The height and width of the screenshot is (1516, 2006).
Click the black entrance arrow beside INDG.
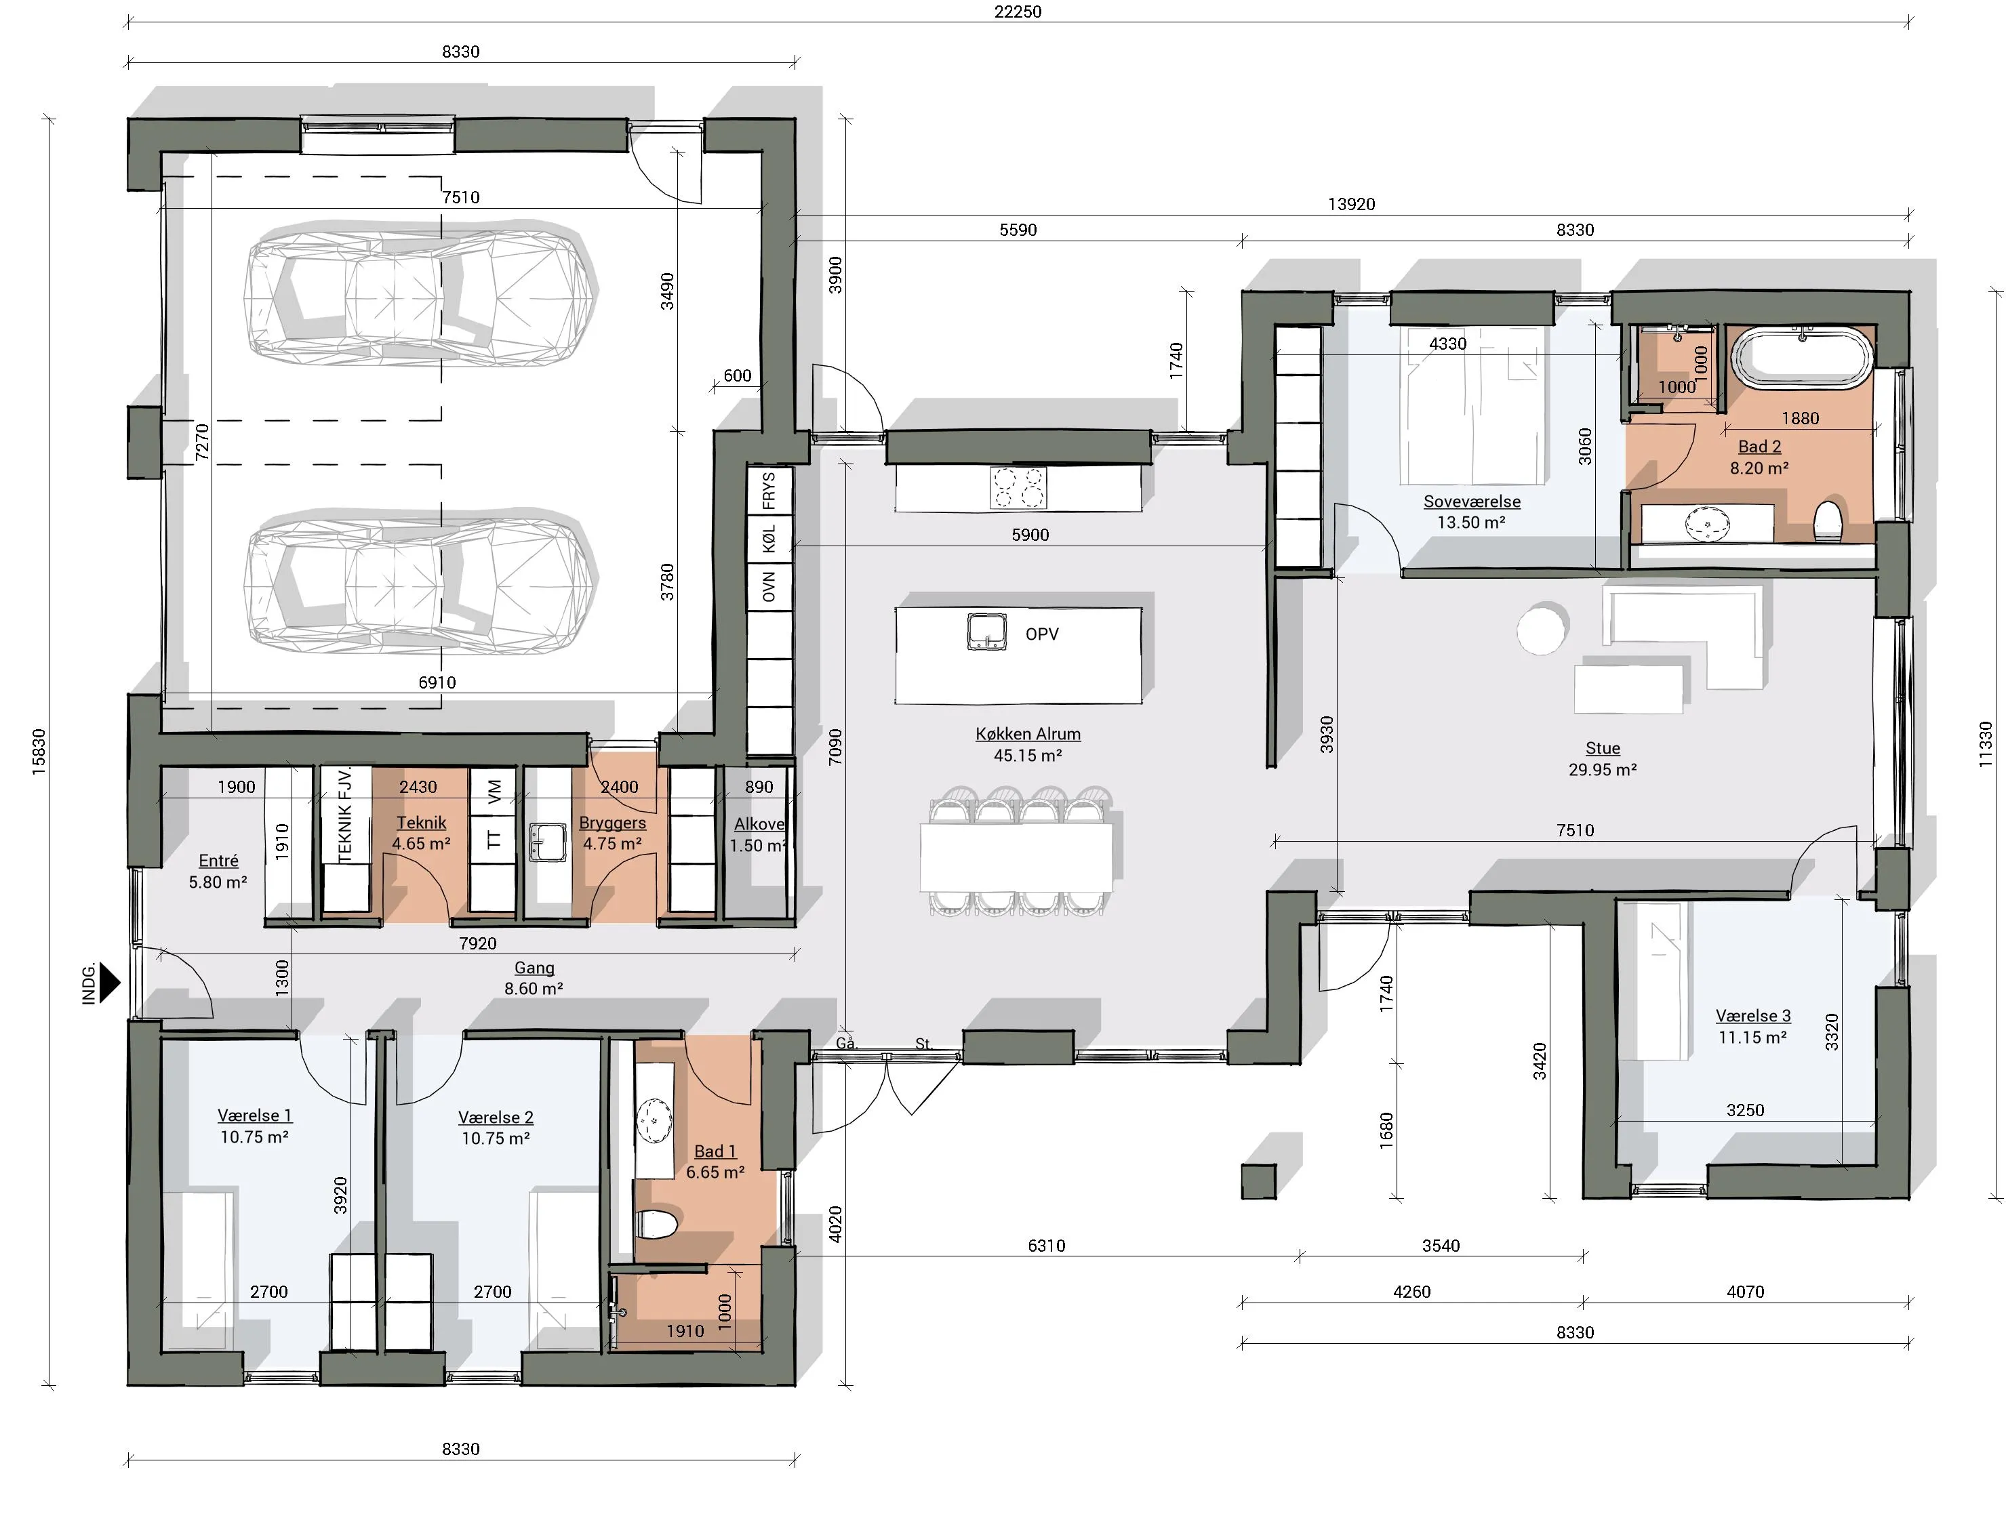point(110,982)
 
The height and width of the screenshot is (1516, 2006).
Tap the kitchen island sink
point(986,632)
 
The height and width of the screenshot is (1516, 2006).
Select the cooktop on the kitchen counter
point(1018,488)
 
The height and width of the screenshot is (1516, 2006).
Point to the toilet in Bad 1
point(656,1224)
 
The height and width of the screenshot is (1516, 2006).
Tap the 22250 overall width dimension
point(1018,12)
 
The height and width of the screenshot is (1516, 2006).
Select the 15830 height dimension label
point(38,752)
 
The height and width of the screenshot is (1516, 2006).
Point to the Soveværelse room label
point(1472,501)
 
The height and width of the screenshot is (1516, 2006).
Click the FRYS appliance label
point(769,491)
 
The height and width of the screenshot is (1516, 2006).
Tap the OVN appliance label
point(769,587)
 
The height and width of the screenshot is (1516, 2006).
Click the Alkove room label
point(759,824)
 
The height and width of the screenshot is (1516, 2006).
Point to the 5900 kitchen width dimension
point(1030,535)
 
